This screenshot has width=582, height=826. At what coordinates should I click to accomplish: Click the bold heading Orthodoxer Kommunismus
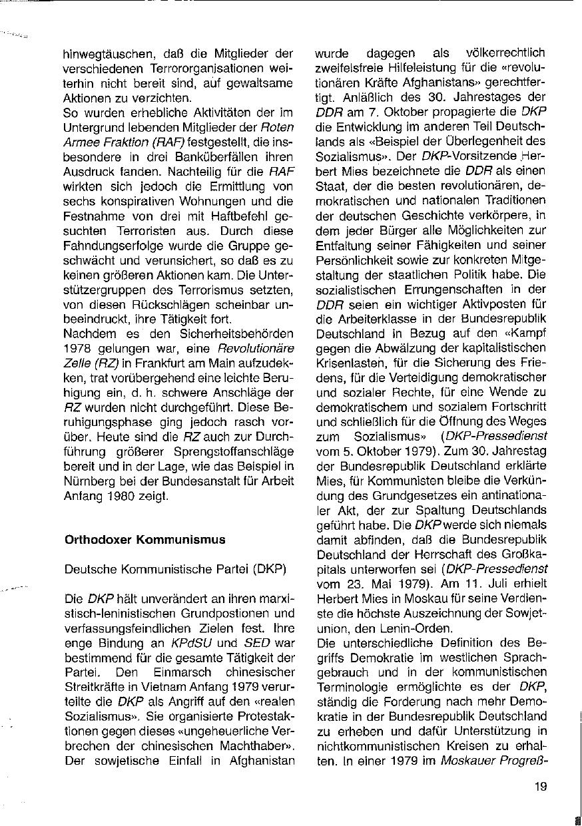click(145, 540)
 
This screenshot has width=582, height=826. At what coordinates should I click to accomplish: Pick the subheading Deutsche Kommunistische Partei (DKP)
click(175, 570)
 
